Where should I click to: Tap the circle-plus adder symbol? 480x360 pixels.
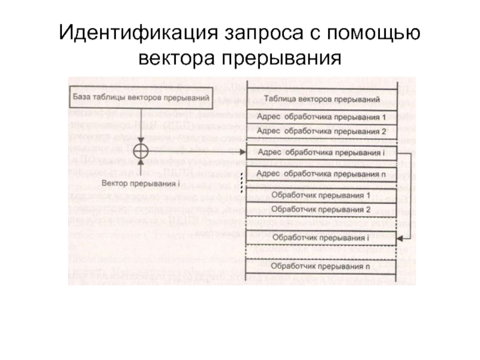140,151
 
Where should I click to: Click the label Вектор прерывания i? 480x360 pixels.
141,182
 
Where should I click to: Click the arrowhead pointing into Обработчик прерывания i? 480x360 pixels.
400,238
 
